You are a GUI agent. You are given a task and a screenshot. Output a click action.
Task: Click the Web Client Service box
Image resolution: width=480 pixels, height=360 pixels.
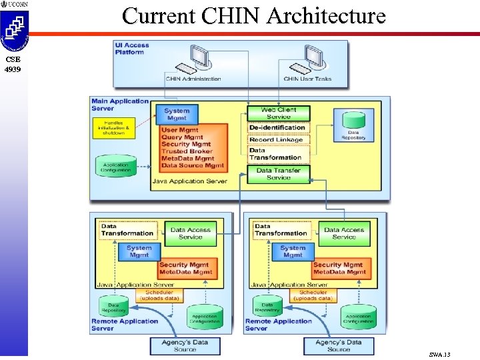(x=278, y=113)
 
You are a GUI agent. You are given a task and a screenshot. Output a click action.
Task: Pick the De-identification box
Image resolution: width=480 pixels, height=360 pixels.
(x=277, y=127)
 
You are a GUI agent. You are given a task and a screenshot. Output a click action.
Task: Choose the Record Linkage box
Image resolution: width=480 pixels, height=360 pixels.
(x=277, y=140)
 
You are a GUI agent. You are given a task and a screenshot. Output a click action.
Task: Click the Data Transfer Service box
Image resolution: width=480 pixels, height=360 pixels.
(x=278, y=174)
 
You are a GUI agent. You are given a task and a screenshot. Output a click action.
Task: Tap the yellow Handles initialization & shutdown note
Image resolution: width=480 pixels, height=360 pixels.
(x=114, y=128)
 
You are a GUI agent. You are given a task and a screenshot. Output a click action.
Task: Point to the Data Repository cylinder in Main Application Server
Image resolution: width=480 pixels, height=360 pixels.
(x=353, y=125)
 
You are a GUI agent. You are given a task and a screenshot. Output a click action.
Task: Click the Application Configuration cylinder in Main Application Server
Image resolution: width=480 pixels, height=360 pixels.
(x=117, y=167)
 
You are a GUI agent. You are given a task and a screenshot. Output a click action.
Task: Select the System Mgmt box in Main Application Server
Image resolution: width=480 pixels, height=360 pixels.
(x=177, y=115)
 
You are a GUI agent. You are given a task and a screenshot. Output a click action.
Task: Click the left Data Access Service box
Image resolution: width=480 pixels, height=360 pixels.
(x=191, y=233)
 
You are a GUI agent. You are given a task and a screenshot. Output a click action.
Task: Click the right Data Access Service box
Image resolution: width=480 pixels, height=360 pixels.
(x=344, y=233)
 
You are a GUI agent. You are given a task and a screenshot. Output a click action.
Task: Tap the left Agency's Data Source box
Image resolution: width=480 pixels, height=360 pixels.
(x=185, y=346)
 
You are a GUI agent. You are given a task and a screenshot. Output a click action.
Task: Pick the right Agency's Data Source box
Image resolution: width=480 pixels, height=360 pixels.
(x=339, y=346)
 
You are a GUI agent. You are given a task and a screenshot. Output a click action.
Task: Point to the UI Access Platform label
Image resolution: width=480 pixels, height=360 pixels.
(x=132, y=49)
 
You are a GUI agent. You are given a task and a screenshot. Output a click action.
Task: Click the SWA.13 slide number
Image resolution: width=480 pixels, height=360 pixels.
(x=440, y=354)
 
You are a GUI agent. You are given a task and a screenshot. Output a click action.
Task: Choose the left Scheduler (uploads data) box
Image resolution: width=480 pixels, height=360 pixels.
(x=159, y=295)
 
